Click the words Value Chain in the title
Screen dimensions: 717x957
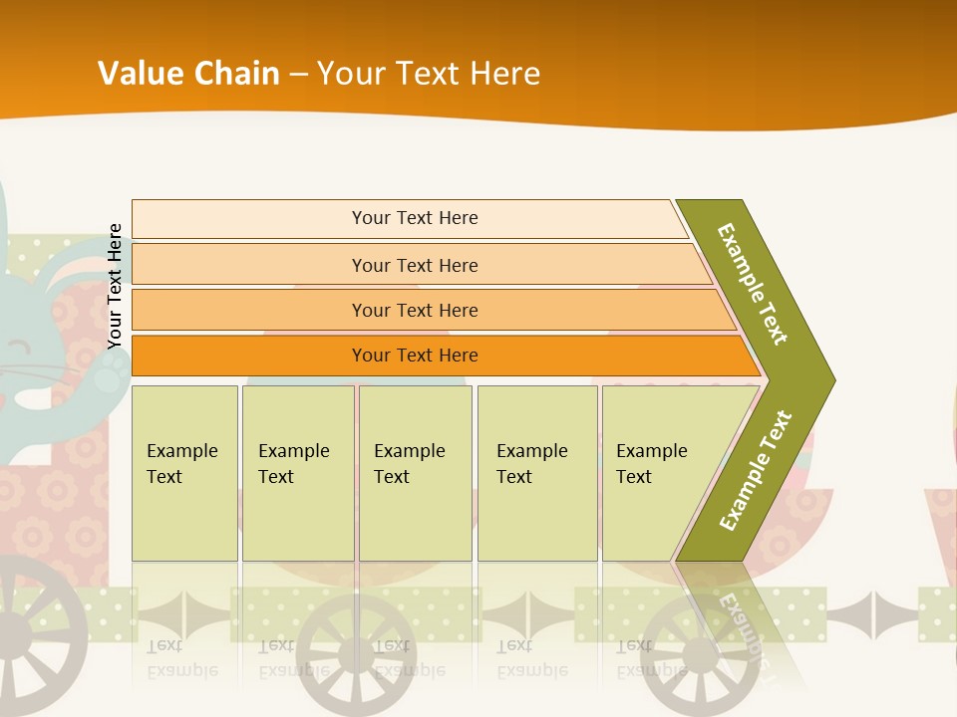(x=188, y=73)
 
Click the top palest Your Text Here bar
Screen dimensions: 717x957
(x=414, y=218)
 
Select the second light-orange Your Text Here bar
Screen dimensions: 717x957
(x=414, y=265)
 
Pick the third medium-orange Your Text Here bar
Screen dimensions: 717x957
(x=414, y=310)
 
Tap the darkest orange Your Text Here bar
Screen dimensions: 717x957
(x=414, y=356)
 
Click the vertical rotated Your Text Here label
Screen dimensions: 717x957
(x=115, y=286)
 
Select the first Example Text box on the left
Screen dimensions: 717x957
(x=184, y=473)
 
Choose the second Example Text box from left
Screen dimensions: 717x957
(x=297, y=473)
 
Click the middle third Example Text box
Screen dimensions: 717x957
(x=415, y=473)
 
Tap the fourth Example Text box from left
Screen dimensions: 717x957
(x=536, y=473)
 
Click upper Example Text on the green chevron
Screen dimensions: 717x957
(x=753, y=284)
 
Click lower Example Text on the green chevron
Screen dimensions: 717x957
(x=756, y=470)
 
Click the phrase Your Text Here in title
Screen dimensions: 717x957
(x=429, y=73)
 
